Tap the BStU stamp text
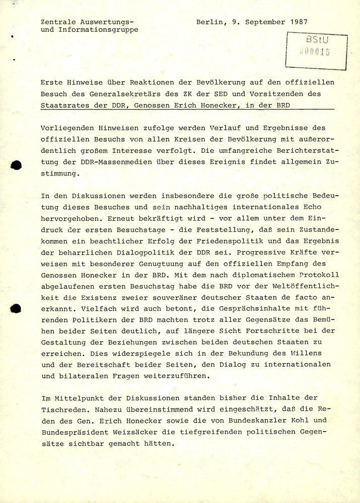pyautogui.click(x=316, y=40)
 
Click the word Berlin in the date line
pyautogui.click(x=209, y=22)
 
